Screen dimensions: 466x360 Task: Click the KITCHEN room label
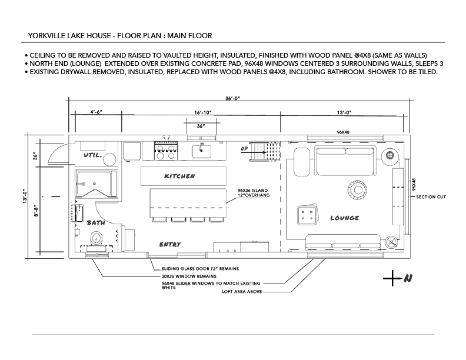pyautogui.click(x=179, y=176)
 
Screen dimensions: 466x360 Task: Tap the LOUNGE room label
pyautogui.click(x=344, y=218)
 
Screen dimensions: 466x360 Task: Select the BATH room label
pyautogui.click(x=96, y=222)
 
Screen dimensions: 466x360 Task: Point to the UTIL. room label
pyautogui.click(x=93, y=155)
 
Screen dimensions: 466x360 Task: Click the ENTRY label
pyautogui.click(x=170, y=245)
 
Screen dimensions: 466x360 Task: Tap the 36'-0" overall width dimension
pyautogui.click(x=232, y=98)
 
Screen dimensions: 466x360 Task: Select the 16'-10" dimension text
pyautogui.click(x=203, y=112)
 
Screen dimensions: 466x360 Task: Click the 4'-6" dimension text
pyautogui.click(x=96, y=112)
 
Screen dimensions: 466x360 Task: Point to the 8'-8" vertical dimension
pyautogui.click(x=36, y=211)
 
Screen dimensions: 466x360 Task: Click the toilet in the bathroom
pyautogui.click(x=96, y=238)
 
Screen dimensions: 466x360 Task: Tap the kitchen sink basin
pyautogui.click(x=201, y=152)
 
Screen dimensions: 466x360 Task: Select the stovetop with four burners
pyautogui.click(x=166, y=151)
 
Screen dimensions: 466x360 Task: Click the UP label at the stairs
pyautogui.click(x=244, y=148)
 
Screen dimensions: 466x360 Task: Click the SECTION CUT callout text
pyautogui.click(x=431, y=197)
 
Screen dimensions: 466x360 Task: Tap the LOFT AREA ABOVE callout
pyautogui.click(x=242, y=292)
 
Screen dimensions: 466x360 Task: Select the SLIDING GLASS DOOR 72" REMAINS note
pyautogui.click(x=200, y=269)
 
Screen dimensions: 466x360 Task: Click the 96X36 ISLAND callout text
pyautogui.click(x=252, y=191)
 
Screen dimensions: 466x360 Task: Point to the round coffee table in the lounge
pyautogui.click(x=358, y=190)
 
